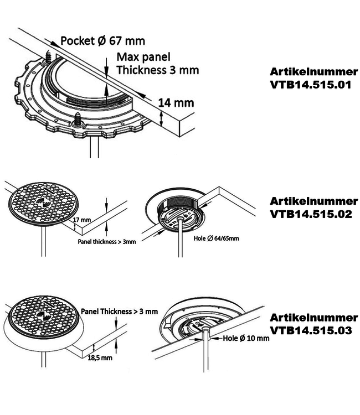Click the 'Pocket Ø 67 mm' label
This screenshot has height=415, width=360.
pos(103,41)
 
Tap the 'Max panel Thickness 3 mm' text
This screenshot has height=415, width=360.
pos(158,64)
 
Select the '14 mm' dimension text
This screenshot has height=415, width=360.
pos(176,103)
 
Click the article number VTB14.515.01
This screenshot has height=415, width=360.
pos(313,79)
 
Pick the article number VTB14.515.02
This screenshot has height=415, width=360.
pos(313,207)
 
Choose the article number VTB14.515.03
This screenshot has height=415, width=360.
pos(313,324)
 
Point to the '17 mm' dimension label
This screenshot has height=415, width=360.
pos(82,220)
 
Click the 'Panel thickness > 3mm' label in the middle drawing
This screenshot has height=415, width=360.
pos(107,242)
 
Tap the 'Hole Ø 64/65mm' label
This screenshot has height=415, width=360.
pos(216,238)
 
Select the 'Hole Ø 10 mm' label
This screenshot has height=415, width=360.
pos(246,338)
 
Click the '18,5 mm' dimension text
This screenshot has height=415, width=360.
pos(100,358)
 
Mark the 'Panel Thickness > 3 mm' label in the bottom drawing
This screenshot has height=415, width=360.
pos(119,312)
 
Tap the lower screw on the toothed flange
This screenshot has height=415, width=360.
pos(78,119)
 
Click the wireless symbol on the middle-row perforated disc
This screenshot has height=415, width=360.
pos(44,204)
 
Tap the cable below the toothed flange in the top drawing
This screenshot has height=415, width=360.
pos(95,147)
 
